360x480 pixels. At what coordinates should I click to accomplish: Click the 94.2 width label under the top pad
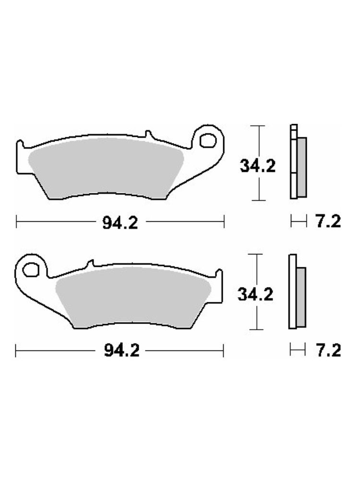coord(120,222)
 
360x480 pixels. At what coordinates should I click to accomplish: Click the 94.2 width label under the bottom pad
coord(121,350)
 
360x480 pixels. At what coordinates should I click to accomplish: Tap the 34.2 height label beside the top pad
coord(257,166)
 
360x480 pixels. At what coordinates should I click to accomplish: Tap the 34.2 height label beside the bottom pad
coord(255,295)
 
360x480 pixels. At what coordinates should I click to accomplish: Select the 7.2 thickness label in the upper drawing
coord(328,221)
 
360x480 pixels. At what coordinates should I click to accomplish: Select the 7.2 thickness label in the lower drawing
coord(328,350)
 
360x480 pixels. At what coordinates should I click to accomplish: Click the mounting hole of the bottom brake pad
coord(31,270)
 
